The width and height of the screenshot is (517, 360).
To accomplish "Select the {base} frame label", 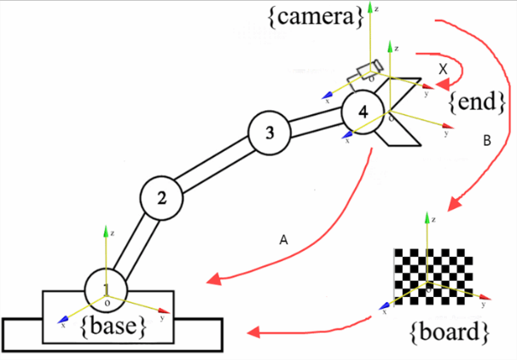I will tap(119, 324).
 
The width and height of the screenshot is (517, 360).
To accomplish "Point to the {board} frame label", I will tap(448, 331).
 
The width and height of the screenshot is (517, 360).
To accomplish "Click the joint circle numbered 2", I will tap(162, 197).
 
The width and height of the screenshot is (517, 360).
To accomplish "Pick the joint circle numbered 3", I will tap(270, 132).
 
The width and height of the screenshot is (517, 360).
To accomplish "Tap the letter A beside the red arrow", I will tap(284, 241).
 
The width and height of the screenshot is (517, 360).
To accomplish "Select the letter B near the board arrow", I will tap(486, 142).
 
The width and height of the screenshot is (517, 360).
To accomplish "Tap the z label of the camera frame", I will tap(376, 6).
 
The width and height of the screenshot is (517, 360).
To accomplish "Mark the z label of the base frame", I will tap(113, 232).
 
